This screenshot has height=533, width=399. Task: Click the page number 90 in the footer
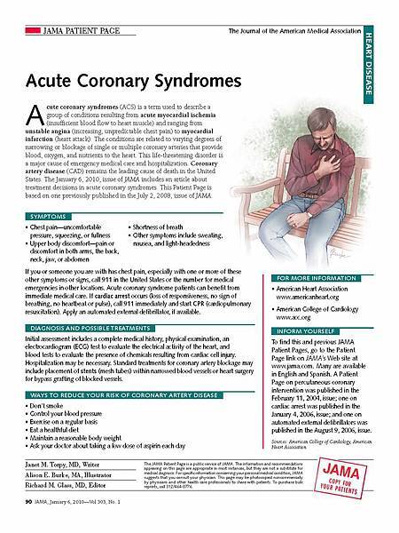pyautogui.click(x=20, y=514)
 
